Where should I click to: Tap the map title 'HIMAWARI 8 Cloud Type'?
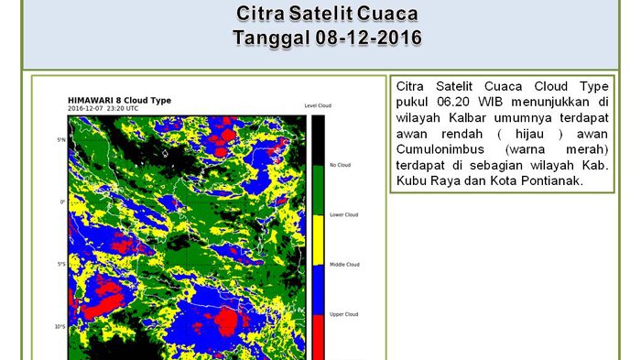[119, 100]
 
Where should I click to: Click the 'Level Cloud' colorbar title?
[317, 105]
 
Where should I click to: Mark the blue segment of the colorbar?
[318, 289]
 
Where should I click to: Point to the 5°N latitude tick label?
[60, 139]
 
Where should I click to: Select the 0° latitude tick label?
[62, 202]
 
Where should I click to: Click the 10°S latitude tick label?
[60, 327]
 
